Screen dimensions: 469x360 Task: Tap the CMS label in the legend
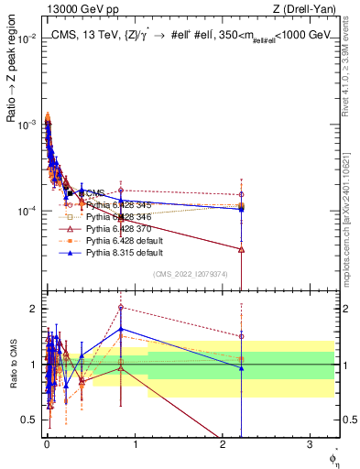tap(95, 193)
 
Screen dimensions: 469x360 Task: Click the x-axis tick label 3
tap(310, 448)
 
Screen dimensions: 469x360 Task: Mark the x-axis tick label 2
tap(223, 448)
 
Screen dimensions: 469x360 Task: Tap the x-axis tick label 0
tap(47, 448)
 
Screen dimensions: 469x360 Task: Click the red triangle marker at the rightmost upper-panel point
tap(241, 249)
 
